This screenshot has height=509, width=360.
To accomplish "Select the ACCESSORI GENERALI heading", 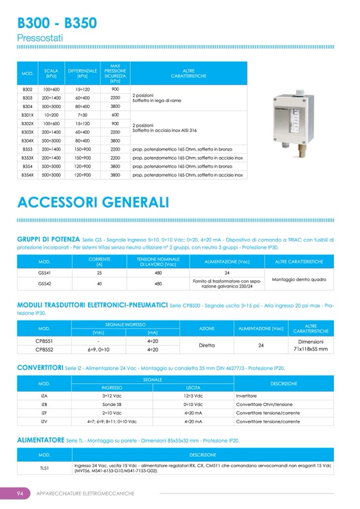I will [93, 203].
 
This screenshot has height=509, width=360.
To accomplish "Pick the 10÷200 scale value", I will [51, 115].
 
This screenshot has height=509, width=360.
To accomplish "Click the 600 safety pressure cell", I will [115, 115].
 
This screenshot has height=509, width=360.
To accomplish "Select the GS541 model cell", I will [45, 272].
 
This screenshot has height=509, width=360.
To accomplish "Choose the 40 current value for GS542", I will [99, 283].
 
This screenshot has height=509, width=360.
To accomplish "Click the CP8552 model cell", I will [45, 349].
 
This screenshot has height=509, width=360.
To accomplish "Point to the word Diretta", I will [207, 345].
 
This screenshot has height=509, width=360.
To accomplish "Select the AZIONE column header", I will [207, 329].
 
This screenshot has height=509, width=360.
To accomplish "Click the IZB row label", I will [45, 404].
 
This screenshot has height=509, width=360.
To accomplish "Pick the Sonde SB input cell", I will [112, 404].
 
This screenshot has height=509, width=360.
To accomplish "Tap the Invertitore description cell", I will [246, 395].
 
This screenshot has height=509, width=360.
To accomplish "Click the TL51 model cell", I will [45, 467].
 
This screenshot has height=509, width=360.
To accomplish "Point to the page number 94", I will [19, 493].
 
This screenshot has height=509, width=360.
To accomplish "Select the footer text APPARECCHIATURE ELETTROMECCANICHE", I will [85, 493].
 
